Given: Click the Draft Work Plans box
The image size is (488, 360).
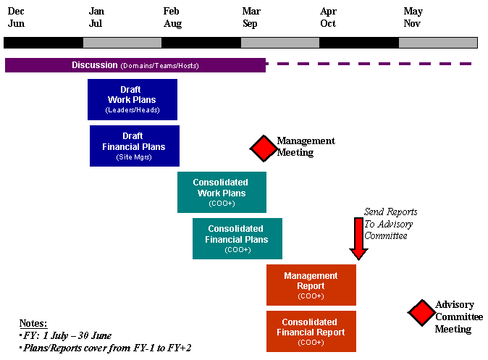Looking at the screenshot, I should tap(132, 99).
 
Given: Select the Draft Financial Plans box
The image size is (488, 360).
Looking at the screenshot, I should tap(134, 146).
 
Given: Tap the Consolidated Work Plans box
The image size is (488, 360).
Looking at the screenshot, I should tap(222, 192).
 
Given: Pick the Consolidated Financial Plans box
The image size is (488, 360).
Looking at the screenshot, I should tap(237, 238).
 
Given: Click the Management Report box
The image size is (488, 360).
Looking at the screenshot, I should tap(311, 285).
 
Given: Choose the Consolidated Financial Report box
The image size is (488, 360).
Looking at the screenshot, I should tap(311, 331).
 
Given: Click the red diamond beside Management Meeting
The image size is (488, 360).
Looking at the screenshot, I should tap(264, 148).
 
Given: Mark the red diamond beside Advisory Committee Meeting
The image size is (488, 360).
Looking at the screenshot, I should tap(421, 313).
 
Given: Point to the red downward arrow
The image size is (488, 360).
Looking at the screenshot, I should tap(358, 238).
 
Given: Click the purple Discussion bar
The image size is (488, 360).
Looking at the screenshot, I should tap(135, 65).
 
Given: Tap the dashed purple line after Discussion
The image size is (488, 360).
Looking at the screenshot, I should tap(369, 64).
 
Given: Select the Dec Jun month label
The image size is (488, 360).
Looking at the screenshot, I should tap(16, 17).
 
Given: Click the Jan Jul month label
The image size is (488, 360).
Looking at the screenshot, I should tap(96, 17).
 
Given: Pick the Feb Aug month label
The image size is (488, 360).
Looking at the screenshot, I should tap(172, 17).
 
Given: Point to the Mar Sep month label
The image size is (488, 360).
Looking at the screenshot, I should tap(251, 17).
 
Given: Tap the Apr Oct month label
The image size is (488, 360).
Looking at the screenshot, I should tap(328, 17).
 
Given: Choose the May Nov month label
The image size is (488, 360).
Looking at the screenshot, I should tap(413, 17).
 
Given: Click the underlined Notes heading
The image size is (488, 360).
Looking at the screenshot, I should tap(33, 323).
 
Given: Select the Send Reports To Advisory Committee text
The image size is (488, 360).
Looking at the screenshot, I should tap(390, 224).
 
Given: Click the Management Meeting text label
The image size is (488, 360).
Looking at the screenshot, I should tap(306, 147).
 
